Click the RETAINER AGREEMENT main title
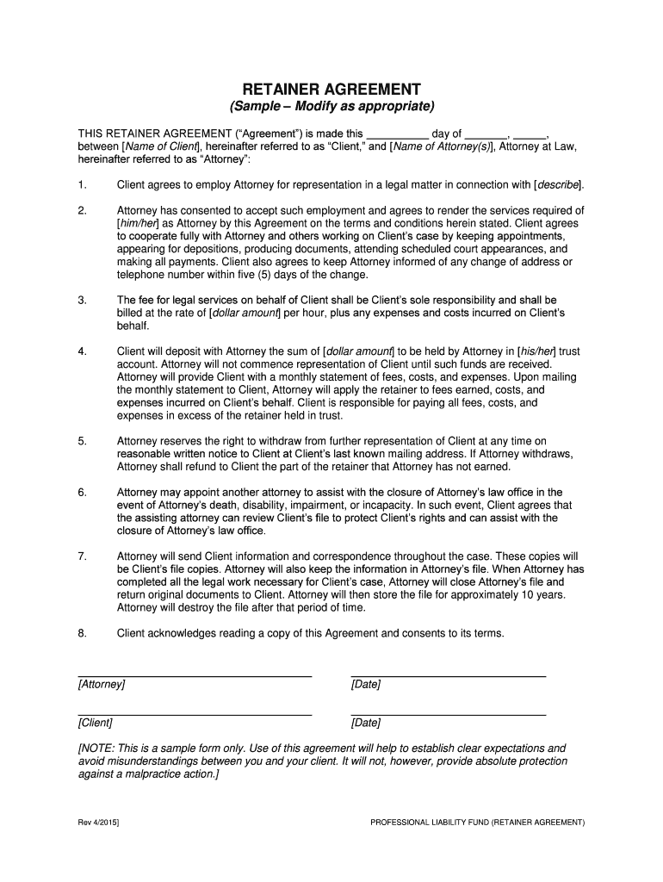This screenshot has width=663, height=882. pos(331,90)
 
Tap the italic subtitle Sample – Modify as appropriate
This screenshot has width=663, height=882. pos(331,107)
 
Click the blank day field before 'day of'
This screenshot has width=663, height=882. pos(398,134)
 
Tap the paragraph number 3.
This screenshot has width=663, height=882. pos(83,301)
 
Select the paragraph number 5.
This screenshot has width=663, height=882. pos(83,441)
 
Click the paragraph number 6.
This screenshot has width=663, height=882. pos(83,493)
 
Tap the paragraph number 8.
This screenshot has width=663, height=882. pos(83,633)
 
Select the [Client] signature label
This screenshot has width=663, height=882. pos(96,723)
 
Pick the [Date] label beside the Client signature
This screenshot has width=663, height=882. pos(366,723)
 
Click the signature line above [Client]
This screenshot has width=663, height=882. pos(195,715)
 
